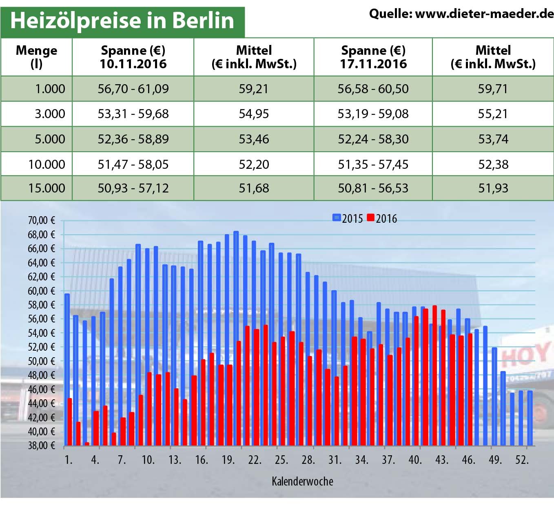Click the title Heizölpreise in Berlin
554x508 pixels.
(x=122, y=20)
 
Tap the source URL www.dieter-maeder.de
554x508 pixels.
(x=484, y=14)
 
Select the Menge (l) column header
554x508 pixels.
(x=36, y=57)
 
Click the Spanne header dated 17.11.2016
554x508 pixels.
(x=373, y=57)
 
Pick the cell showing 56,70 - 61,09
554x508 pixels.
(x=133, y=89)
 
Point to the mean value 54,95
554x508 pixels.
(x=254, y=114)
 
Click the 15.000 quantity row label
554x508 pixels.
(x=47, y=188)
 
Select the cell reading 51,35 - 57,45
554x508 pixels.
(x=373, y=164)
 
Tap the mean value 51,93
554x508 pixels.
(x=493, y=188)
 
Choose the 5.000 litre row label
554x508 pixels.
(x=50, y=139)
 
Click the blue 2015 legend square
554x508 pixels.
(x=337, y=218)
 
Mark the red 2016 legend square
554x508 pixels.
(x=370, y=218)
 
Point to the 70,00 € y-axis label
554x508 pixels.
(x=41, y=221)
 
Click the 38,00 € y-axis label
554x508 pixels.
(x=41, y=445)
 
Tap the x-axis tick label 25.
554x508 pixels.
(x=281, y=460)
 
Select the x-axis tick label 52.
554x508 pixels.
(x=522, y=460)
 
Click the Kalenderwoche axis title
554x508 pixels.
(x=302, y=481)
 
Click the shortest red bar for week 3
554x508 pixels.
(x=87, y=444)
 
